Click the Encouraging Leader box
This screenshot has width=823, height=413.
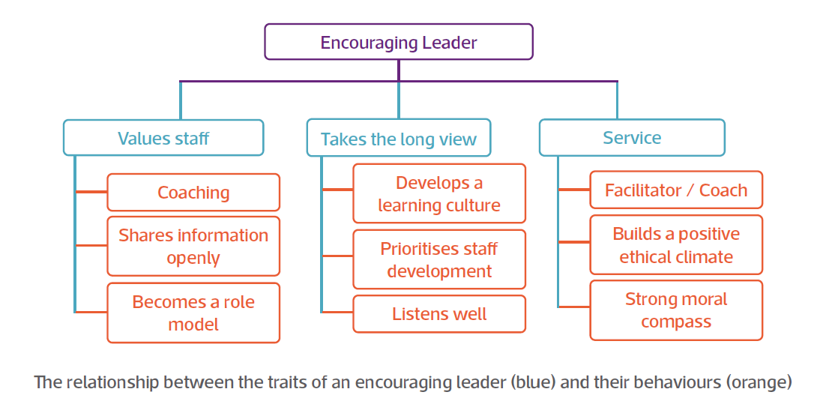coord(398,42)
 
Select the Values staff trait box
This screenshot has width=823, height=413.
coord(163,138)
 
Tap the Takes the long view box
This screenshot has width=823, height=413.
coord(398,139)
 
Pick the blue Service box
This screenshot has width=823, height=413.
coord(632,137)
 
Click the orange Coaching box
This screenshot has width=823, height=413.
coord(193,193)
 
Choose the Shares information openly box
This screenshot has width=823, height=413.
coord(193,247)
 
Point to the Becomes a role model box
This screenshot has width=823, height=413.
coord(193,313)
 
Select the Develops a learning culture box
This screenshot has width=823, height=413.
coord(439,194)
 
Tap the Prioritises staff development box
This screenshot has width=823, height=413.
coord(439,259)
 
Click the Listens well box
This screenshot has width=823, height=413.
coord(439,314)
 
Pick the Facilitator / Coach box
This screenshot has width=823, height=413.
coord(676,190)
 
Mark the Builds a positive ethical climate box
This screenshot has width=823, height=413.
coord(676,245)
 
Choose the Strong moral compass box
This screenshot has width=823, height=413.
coord(676,310)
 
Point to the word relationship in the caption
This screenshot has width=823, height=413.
coord(109,382)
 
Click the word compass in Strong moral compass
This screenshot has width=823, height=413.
coord(676,322)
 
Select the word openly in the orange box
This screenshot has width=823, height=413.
coord(193,259)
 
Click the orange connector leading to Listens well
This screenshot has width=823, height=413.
coord(337,311)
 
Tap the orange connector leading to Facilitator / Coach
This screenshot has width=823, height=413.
coord(574,190)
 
